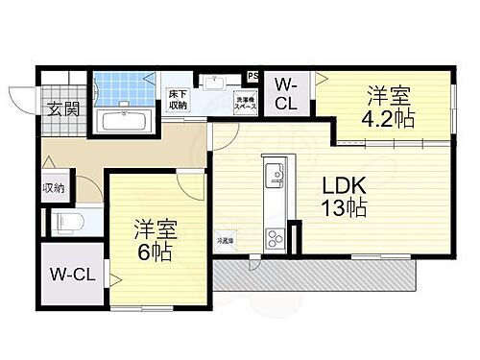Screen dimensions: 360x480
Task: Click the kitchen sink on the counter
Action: [274, 175]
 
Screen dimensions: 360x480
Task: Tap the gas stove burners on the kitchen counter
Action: [273, 234]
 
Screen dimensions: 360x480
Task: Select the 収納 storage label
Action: [53, 187]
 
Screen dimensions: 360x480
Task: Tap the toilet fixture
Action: [67, 222]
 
